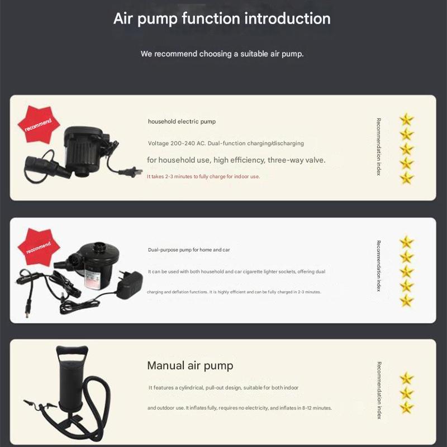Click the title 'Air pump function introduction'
pos(222,19)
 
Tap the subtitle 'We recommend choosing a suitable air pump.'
pos(222,54)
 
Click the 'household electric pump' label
pos(182,121)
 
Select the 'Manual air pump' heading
pos(190,365)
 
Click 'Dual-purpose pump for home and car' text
pos(189,250)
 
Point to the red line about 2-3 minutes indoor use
pos(203,177)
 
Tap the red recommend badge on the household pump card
pos(39,124)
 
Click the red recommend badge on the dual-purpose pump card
pos(39,247)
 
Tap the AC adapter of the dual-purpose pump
pos(130,284)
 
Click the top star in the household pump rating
pos(407,120)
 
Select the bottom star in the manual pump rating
pos(407,408)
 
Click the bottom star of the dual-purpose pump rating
pos(407,301)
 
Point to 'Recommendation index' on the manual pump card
pos(379,390)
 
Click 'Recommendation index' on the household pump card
pos(379,147)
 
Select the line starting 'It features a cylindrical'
pos(223,388)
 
